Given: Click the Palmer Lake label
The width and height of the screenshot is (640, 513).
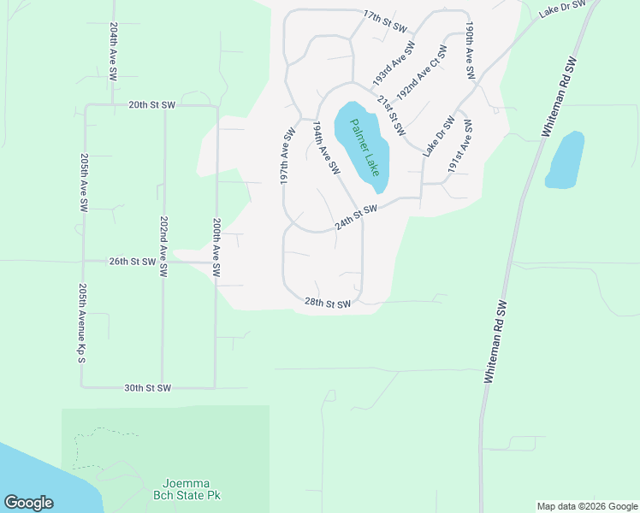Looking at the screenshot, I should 364,146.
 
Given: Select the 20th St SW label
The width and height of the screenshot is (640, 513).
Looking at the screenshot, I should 151,105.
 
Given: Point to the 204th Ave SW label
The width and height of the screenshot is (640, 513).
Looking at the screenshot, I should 113,51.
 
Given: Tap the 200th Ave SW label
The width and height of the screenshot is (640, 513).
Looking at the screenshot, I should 216,246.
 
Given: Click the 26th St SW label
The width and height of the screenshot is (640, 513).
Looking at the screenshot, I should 132,262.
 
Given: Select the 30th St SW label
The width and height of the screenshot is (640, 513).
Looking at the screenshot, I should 148,387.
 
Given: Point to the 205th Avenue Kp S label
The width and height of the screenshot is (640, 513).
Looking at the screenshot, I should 82,323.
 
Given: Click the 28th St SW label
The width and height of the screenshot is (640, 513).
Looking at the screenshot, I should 329,304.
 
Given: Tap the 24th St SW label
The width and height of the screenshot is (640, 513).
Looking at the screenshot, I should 356,216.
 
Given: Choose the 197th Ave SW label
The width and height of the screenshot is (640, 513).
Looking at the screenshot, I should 287,157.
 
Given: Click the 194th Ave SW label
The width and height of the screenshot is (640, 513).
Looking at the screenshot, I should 325,149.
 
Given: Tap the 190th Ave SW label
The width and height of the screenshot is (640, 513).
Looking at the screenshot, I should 470,52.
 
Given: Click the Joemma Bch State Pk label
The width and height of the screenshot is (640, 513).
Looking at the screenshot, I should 187,489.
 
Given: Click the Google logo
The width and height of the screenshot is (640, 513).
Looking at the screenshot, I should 29,503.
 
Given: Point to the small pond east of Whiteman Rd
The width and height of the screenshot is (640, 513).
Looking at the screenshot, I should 565,160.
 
